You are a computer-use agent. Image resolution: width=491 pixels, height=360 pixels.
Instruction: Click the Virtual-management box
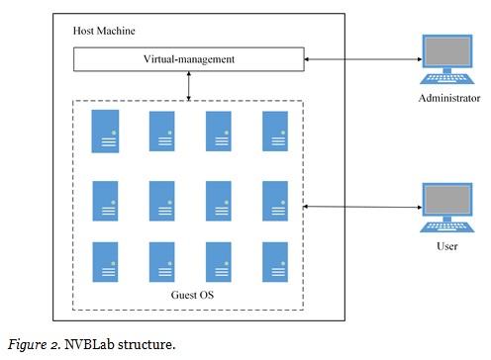click(x=189, y=59)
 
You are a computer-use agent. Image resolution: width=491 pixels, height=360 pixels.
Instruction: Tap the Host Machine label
click(x=106, y=30)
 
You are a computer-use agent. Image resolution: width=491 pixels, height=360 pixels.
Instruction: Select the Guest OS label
click(x=188, y=295)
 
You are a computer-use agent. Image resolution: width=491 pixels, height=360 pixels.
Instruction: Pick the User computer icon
click(x=447, y=207)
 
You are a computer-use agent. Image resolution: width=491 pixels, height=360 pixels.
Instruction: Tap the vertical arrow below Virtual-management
click(x=189, y=85)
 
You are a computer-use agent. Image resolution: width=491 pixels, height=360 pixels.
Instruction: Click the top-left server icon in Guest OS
click(x=105, y=131)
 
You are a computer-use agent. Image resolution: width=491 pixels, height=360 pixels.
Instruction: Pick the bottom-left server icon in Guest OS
click(x=105, y=261)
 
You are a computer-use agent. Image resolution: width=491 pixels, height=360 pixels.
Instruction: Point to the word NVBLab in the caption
click(x=86, y=344)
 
